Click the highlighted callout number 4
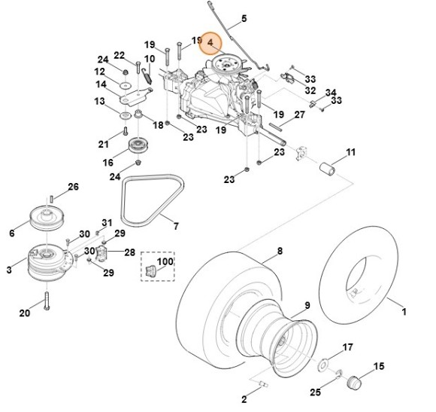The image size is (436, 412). point(210,44)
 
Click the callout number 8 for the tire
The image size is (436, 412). point(279,251)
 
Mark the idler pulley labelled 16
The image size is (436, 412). point(137,146)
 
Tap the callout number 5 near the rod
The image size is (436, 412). point(244,18)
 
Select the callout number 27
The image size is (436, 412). point(298,114)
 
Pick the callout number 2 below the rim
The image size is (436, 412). point(244,398)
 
